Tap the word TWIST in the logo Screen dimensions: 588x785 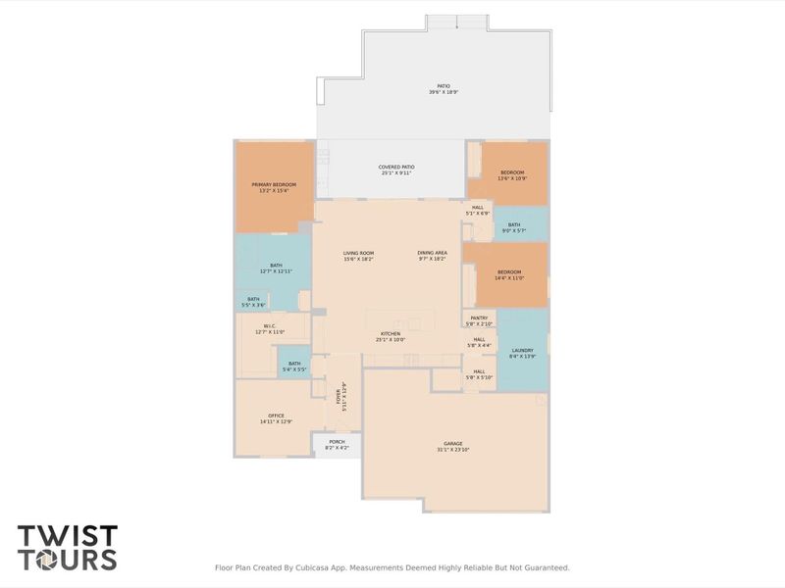[68, 537]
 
